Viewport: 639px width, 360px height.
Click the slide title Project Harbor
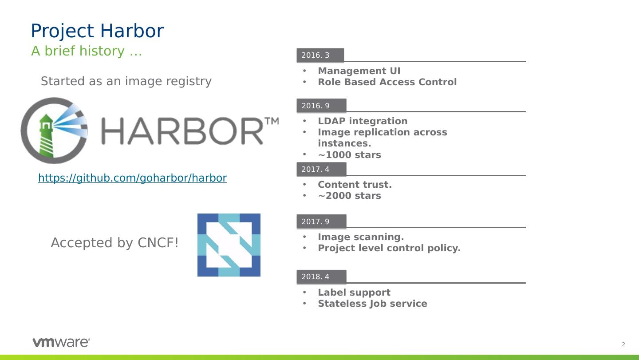[97, 31]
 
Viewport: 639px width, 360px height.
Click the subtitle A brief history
[87, 51]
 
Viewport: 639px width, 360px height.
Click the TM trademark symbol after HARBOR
[272, 121]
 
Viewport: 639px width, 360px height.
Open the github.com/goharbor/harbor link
[132, 178]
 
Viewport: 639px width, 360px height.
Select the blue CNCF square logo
[229, 245]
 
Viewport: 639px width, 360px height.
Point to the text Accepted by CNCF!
[114, 243]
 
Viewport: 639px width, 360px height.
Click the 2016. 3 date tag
[319, 55]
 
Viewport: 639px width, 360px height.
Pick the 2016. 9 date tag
[321, 106]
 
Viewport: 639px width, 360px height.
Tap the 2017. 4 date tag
[321, 170]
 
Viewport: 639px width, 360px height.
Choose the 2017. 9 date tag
[321, 222]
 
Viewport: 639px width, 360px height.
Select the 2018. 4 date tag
[321, 277]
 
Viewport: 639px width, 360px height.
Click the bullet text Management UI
[359, 71]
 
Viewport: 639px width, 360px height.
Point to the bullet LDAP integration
[363, 121]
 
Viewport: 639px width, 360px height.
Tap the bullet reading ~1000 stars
[349, 155]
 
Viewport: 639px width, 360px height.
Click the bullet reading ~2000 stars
[349, 196]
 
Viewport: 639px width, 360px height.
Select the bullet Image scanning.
[361, 237]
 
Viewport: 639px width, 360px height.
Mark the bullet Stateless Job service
[372, 304]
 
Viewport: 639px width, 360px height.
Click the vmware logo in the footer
[61, 342]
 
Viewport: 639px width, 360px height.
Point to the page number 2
[623, 344]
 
